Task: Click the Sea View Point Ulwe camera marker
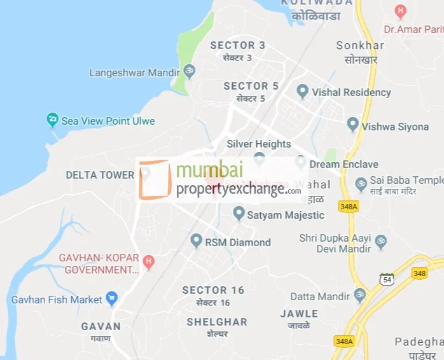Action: tap(52, 120)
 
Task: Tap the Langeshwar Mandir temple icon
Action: tap(189, 72)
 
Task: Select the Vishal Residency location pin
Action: tap(303, 92)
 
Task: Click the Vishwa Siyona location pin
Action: tap(353, 125)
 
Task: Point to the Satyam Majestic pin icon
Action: tap(239, 214)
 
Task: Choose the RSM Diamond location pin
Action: tap(197, 241)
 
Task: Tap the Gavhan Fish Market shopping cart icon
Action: tap(112, 298)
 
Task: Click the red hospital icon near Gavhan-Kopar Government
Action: tap(148, 261)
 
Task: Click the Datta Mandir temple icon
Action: tap(359, 296)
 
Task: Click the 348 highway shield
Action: tap(419, 273)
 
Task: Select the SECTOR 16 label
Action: tap(213, 290)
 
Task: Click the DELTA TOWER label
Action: tap(100, 175)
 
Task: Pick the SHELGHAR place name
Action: tap(216, 322)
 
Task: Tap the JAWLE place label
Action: tap(299, 314)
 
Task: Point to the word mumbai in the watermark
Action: tap(209, 170)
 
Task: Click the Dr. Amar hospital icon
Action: tap(400, 11)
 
